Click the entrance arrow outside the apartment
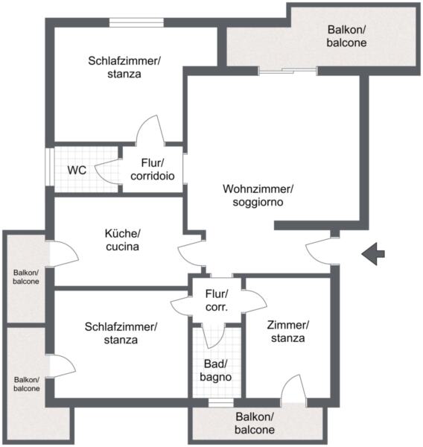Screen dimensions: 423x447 [373, 254]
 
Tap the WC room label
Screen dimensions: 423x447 [77, 170]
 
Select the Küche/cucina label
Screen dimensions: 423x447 [123, 240]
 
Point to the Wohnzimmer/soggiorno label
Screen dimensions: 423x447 [258, 195]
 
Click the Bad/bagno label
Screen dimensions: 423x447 [216, 370]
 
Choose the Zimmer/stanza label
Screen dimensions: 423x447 [288, 332]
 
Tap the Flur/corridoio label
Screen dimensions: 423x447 [153, 169]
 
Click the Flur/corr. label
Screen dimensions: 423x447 [217, 300]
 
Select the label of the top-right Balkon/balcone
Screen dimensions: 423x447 [346, 36]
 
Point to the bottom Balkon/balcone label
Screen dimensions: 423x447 [255, 423]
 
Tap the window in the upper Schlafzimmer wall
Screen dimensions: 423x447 [136, 22]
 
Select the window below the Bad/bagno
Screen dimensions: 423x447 [221, 402]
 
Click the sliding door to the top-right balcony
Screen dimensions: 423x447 [288, 71]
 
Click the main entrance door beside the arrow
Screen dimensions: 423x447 [321, 252]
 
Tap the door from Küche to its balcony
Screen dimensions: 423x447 [64, 254]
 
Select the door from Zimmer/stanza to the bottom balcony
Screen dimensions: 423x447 [293, 390]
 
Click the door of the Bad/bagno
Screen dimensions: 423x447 [213, 336]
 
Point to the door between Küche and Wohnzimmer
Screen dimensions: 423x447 [191, 254]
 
